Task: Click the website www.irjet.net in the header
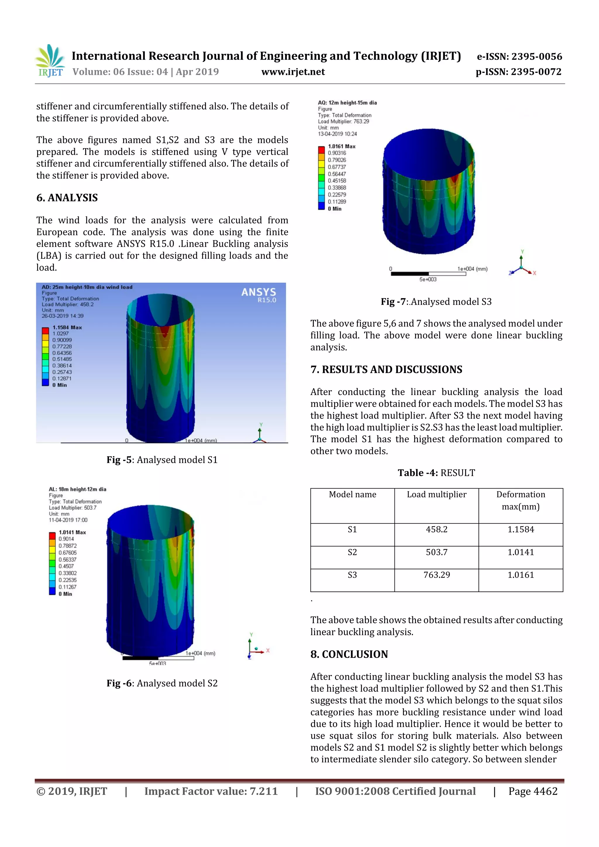coord(293,72)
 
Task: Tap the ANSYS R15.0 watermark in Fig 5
coord(259,295)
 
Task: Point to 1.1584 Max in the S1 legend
coord(67,327)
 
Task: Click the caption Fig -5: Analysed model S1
coord(162,460)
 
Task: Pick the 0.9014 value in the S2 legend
coord(66,539)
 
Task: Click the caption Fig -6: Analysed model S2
coord(162,683)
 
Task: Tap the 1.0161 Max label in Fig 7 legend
coord(341,146)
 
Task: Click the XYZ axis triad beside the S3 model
coord(522,265)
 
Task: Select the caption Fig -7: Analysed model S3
coord(436,302)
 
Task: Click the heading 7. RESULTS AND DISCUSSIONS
coord(386,370)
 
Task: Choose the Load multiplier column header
coord(437,494)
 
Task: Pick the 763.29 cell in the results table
coord(437,575)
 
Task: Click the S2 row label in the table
coord(352,552)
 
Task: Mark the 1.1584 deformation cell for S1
coord(521,529)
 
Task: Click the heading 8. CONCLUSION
coord(349,654)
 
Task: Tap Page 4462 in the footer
coord(533,791)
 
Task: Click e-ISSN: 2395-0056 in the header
coord(519,56)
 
